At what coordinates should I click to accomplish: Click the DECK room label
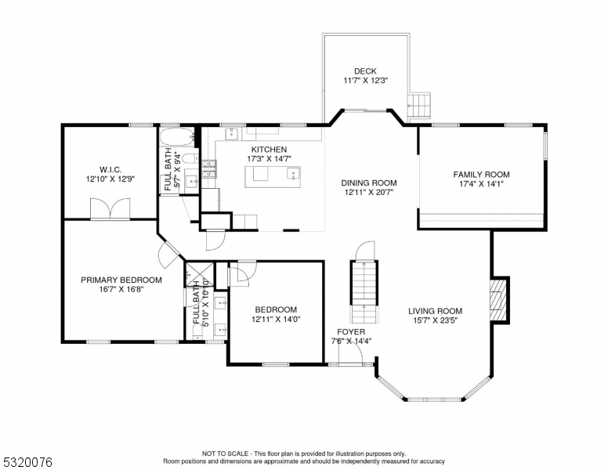point(365,71)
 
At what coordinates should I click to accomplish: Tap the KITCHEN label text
point(269,150)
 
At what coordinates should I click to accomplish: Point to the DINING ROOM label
point(368,183)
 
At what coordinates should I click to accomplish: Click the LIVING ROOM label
point(436,310)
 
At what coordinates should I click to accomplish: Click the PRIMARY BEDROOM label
point(121,280)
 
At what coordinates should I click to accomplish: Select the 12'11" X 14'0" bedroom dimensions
point(276,320)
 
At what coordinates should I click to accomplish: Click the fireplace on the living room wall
point(499,299)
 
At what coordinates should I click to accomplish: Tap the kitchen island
point(273,178)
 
